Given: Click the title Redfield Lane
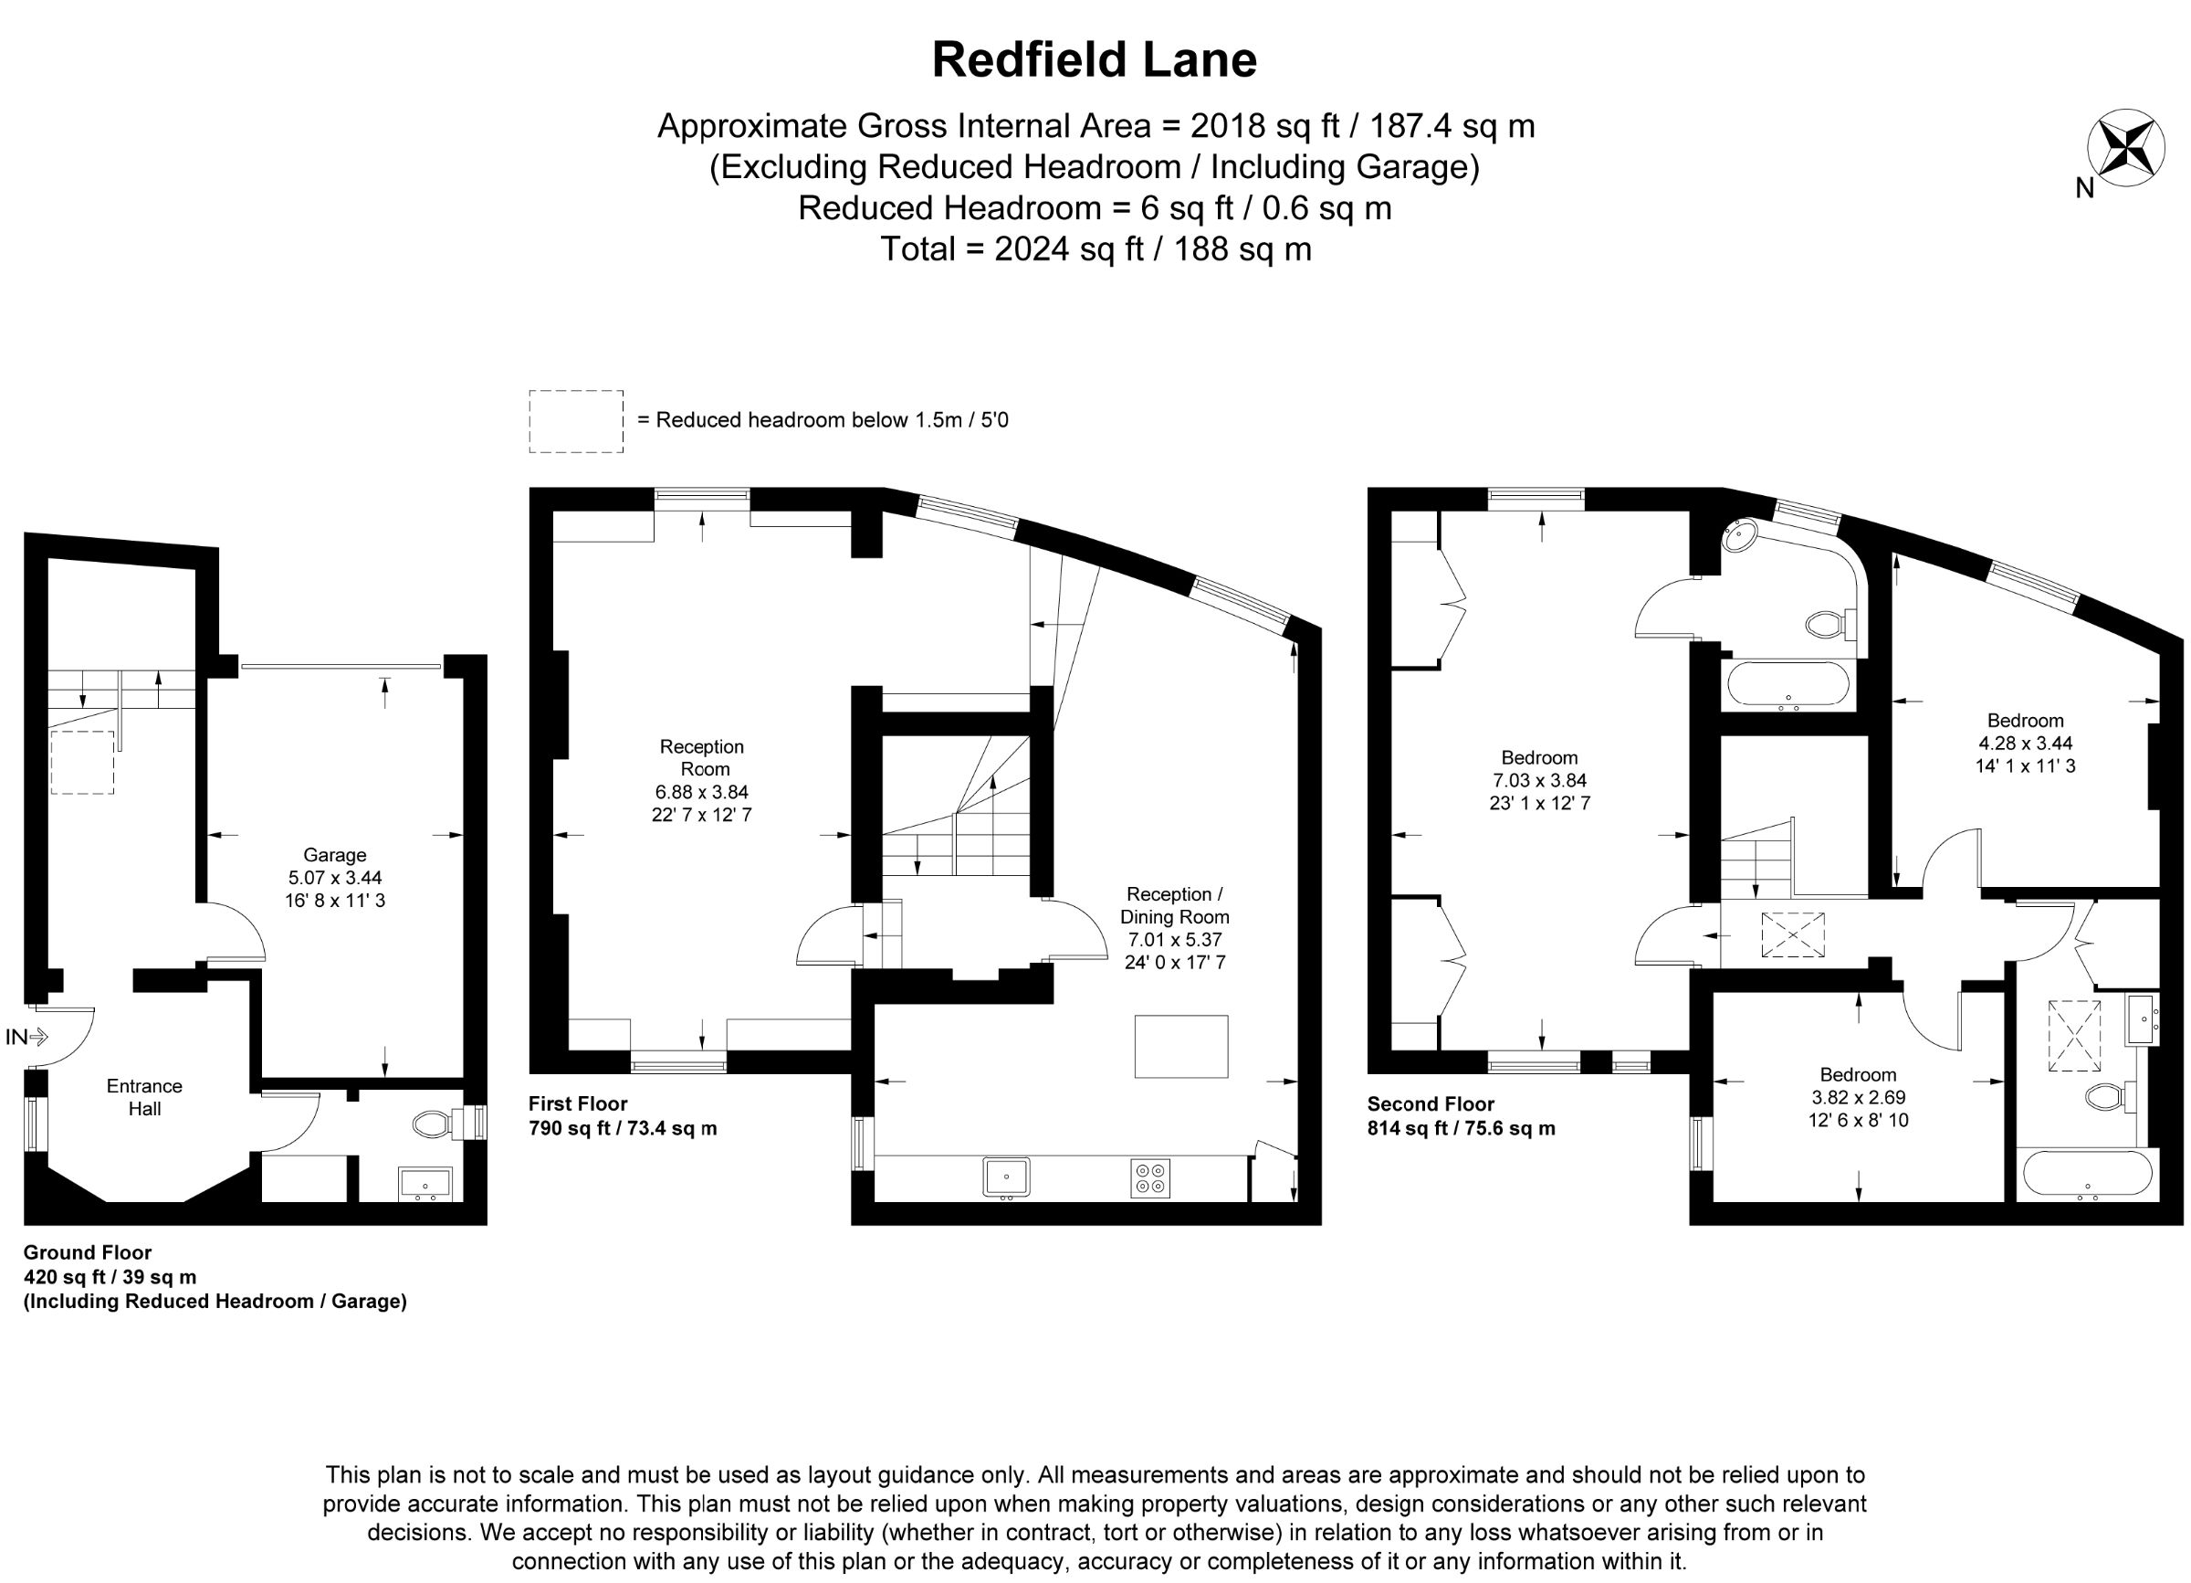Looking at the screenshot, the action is point(1094,60).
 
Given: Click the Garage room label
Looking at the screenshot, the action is point(334,855).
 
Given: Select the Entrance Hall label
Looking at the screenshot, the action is point(144,1097).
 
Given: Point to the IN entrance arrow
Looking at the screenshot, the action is point(27,1038).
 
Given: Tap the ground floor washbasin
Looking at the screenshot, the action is point(425,1184).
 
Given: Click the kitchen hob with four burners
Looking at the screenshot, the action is point(1150,1177).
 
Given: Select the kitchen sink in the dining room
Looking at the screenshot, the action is point(1007,1178).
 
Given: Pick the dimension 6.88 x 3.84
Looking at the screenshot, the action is point(701,791).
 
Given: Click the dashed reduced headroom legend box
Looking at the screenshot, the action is point(576,421).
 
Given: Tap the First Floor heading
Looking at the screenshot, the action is point(578,1103).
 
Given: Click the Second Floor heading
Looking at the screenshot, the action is point(1431,1103).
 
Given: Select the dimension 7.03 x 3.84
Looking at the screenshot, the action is point(1540,780).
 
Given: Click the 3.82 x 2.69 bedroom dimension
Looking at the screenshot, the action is point(1858,1098).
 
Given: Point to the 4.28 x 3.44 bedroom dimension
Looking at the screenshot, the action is point(2025,744).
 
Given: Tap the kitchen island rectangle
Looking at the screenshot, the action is point(1180,1046).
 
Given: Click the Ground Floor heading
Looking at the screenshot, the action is point(88,1252).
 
